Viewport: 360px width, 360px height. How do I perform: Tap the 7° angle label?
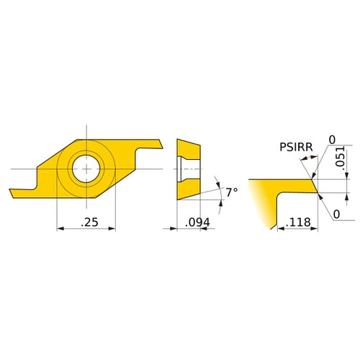click(x=230, y=192)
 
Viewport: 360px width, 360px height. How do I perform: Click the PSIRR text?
click(x=295, y=147)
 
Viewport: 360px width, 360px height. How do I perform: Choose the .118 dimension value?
click(x=298, y=223)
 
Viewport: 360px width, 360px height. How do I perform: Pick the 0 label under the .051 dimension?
click(x=336, y=214)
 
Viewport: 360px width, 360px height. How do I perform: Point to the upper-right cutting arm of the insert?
click(x=151, y=144)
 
